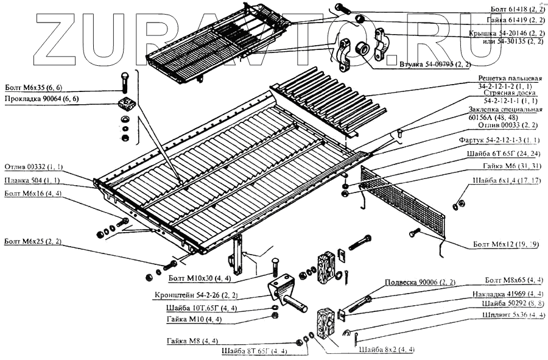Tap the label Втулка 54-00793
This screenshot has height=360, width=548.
[435, 64]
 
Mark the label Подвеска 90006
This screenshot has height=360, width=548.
[420, 283]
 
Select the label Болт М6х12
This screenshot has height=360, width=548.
[506, 244]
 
